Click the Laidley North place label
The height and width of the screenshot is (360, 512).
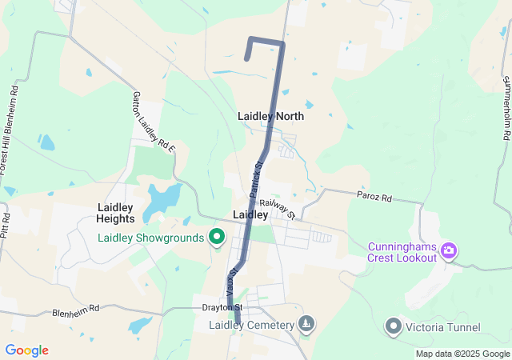click(x=270, y=116)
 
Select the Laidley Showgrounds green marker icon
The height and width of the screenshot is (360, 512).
click(x=216, y=238)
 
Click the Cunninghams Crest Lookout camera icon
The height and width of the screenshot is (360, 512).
click(x=449, y=251)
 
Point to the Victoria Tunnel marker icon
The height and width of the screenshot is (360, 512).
click(x=393, y=326)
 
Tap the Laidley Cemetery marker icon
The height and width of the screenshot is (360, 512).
click(x=306, y=324)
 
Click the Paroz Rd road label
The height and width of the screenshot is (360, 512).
click(x=374, y=197)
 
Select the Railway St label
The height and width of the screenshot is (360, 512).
click(x=278, y=210)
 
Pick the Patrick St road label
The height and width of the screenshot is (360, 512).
click(x=256, y=180)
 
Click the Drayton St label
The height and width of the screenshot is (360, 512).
click(x=222, y=307)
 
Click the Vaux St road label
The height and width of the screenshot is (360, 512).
click(x=231, y=281)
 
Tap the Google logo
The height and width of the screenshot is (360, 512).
click(x=26, y=350)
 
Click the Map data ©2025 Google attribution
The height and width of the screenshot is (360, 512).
click(x=462, y=354)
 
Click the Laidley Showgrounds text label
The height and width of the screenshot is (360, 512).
click(x=150, y=238)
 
